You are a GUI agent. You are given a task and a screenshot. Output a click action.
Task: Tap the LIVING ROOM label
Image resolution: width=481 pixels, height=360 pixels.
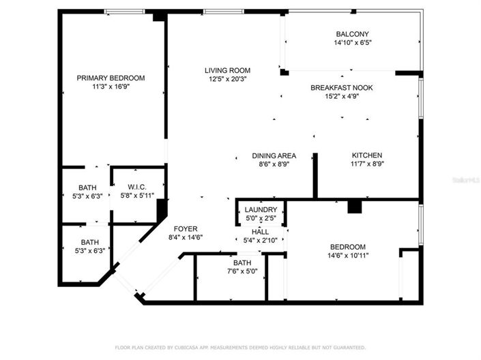click(227, 70)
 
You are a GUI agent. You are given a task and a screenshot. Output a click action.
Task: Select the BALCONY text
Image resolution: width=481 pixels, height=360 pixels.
click(352, 34)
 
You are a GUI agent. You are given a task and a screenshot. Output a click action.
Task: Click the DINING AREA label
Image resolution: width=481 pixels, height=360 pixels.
click(274, 155)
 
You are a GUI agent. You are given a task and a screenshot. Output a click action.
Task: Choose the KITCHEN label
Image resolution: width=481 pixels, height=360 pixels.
click(366, 155)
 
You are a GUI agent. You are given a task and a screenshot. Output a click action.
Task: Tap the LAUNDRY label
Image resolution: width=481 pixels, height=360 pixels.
click(261, 209)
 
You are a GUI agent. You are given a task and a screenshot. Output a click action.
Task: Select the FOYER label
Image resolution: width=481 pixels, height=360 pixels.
click(186, 228)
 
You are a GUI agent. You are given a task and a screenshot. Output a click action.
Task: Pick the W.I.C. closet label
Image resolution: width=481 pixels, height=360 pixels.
click(137, 186)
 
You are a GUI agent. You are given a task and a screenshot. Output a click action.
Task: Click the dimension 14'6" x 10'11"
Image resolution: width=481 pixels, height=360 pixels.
click(348, 256)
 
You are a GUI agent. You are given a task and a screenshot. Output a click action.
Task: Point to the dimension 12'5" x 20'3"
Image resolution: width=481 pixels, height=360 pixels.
click(227, 79)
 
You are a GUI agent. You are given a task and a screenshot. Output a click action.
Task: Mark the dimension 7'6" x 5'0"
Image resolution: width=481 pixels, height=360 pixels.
click(242, 271)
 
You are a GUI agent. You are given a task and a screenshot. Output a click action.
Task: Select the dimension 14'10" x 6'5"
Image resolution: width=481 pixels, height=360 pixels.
click(352, 42)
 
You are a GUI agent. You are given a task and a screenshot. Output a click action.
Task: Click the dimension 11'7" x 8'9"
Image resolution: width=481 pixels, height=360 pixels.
click(366, 164)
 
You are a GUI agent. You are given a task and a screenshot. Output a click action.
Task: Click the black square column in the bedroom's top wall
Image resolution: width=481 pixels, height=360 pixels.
click(353, 206)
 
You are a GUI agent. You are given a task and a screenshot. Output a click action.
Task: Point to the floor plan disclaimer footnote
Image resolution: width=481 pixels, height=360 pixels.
click(240, 347)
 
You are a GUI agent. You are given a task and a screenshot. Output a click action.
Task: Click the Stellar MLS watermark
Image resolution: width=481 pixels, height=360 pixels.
click(465, 181)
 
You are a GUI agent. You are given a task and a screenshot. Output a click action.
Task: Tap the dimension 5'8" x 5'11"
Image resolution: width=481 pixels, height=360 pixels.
click(137, 195)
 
